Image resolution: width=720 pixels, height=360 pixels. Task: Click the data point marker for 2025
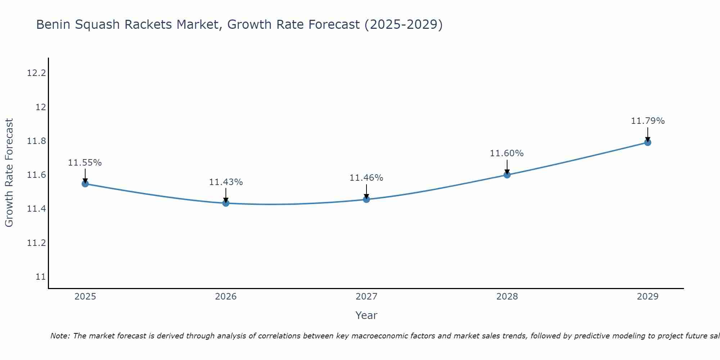[85, 184]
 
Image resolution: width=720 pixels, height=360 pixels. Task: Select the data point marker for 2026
[226, 203]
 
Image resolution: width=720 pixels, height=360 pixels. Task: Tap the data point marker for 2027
[366, 199]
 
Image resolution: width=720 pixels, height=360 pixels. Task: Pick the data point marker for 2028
[507, 175]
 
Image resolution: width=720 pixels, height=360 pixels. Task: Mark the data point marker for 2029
[648, 142]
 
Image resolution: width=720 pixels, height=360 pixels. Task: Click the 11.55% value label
[85, 163]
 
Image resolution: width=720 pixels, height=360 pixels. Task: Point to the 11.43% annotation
[226, 182]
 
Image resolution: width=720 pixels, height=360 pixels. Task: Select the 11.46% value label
[366, 178]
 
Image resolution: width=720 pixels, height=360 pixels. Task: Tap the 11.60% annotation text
[507, 153]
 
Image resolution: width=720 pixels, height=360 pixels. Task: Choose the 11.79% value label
[648, 121]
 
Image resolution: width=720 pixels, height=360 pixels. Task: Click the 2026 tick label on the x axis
[226, 297]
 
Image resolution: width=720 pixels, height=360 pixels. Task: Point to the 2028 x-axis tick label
[507, 297]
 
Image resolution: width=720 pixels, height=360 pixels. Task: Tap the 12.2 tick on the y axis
[37, 73]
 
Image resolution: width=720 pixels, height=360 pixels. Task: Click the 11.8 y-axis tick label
[37, 141]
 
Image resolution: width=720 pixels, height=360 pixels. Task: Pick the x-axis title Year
[366, 315]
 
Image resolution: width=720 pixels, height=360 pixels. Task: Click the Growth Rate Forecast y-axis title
[9, 173]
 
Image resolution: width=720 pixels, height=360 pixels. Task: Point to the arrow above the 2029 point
[648, 134]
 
